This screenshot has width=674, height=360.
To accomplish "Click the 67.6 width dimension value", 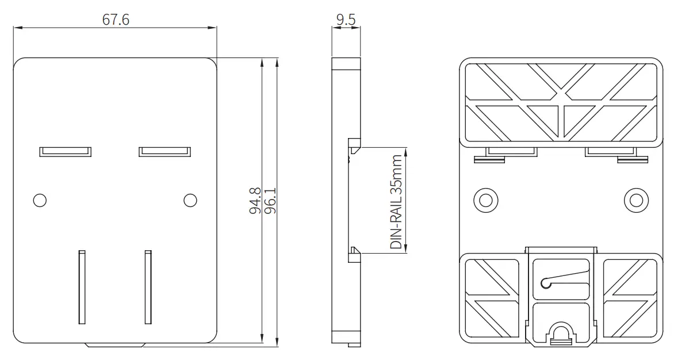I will pyautogui.click(x=116, y=19).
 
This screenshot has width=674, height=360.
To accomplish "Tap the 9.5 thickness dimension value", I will pyautogui.click(x=346, y=19).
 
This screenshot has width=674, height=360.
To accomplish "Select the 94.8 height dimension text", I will pyautogui.click(x=255, y=201).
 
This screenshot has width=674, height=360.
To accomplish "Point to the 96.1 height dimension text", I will pyautogui.click(x=270, y=201).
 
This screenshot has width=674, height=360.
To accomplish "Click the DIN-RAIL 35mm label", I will pyautogui.click(x=396, y=201).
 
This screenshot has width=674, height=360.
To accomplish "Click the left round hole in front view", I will pyautogui.click(x=40, y=200).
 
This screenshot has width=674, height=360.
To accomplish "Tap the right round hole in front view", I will pyautogui.click(x=190, y=200).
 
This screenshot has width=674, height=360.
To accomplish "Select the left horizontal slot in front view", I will pyautogui.click(x=65, y=151).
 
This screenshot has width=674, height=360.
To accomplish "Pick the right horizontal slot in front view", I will pyautogui.click(x=164, y=151).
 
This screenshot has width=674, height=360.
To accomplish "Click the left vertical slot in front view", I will pyautogui.click(x=82, y=286).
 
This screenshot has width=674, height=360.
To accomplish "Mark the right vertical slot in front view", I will pyautogui.click(x=148, y=286).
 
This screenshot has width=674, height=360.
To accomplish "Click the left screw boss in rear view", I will pyautogui.click(x=486, y=200).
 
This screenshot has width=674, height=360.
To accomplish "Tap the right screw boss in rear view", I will pyautogui.click(x=635, y=200).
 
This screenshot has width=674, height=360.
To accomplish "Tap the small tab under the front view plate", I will pyautogui.click(x=114, y=346).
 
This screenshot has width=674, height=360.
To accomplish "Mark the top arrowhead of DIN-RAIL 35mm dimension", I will pyautogui.click(x=406, y=151).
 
